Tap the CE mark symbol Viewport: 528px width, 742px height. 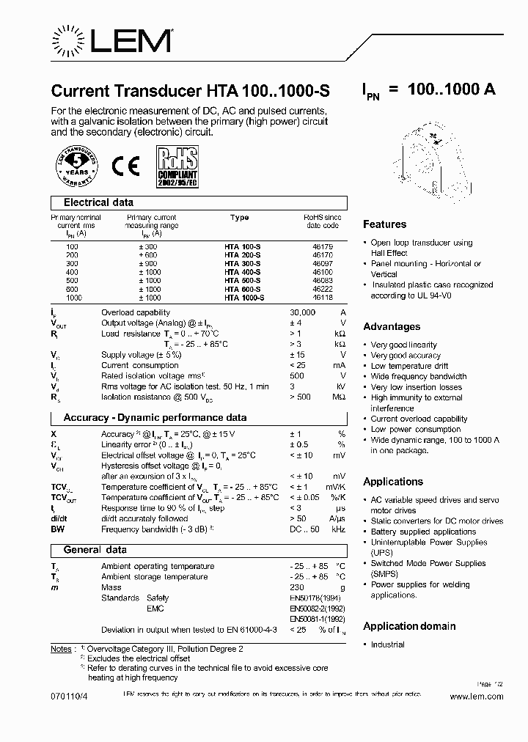[125, 166]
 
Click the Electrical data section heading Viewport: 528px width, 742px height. [98, 202]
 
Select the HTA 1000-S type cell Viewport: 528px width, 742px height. [244, 298]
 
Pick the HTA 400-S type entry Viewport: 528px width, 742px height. [242, 272]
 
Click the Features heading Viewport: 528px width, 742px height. [384, 224]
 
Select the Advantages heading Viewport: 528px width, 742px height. [392, 326]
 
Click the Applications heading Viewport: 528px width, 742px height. [393, 482]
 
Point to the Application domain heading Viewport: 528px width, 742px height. [409, 626]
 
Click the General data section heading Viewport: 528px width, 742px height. [95, 550]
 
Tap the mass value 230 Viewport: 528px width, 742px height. [297, 587]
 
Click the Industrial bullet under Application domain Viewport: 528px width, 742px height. [387, 644]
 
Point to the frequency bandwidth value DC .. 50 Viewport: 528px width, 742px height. [304, 529]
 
